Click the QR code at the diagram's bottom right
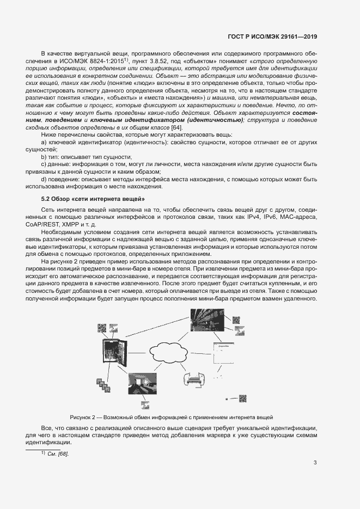tap(243, 398)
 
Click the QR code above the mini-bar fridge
tap(102, 328)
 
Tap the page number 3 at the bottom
tap(315, 463)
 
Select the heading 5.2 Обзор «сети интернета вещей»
tap(93, 199)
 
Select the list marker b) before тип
tap(45, 156)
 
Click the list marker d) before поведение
tap(45, 179)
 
